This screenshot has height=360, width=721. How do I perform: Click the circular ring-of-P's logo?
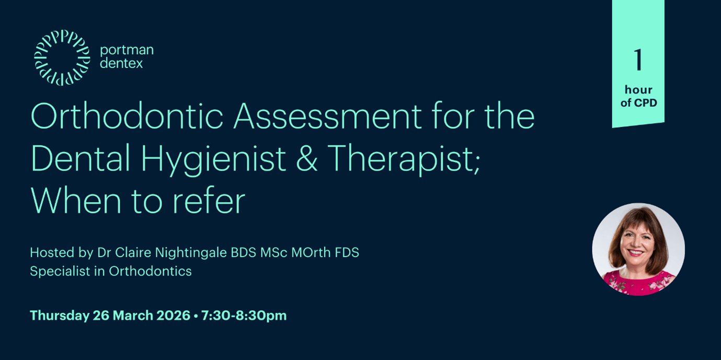click(x=62, y=58)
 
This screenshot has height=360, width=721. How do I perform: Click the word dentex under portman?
click(x=121, y=64)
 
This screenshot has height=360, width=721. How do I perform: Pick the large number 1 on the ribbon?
click(x=638, y=60)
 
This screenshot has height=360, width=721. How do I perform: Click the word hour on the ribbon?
click(x=638, y=90)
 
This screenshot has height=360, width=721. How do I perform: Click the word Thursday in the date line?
click(x=59, y=316)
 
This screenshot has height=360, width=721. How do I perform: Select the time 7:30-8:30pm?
click(x=244, y=316)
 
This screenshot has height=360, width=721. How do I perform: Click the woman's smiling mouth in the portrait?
click(x=637, y=253)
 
